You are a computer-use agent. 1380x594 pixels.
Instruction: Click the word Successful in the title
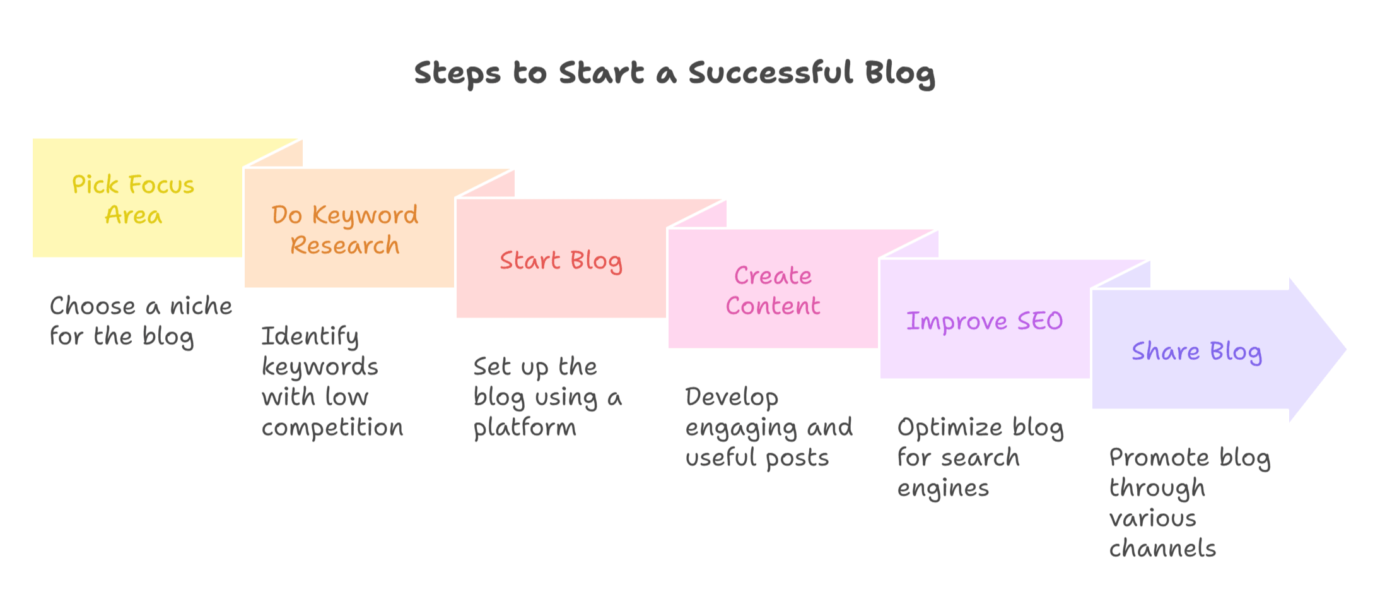tap(771, 73)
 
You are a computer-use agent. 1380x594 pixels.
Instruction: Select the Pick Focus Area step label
tap(133, 199)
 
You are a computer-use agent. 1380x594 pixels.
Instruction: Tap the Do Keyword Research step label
tap(345, 230)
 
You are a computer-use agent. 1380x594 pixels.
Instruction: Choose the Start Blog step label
tap(561, 261)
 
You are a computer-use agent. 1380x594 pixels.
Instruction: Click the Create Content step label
tap(773, 290)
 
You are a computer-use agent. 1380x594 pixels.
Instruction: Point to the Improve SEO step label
tap(985, 321)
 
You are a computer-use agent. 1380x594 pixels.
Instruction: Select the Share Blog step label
tap(1196, 352)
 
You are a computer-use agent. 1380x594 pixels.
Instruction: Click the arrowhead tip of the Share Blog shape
tap(1346, 349)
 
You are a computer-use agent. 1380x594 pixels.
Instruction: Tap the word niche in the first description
tap(201, 306)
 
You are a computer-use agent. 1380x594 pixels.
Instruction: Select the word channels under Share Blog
tap(1162, 548)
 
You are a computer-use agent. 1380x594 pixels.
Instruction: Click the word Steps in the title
tap(457, 73)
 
